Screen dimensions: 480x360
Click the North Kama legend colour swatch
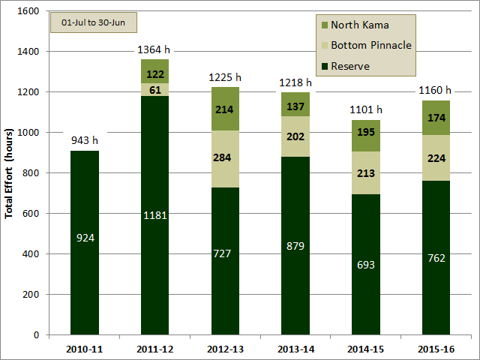click(x=325, y=25)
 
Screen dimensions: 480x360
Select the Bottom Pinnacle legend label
click(x=371, y=45)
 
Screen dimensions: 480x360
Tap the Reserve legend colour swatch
click(x=325, y=66)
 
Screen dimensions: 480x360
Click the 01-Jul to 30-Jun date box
click(x=93, y=22)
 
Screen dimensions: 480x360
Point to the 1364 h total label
click(x=154, y=49)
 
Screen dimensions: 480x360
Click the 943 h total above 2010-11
click(x=85, y=140)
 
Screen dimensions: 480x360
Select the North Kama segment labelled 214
click(x=225, y=109)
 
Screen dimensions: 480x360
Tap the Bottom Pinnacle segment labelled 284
click(x=225, y=159)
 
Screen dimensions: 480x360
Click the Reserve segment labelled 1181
click(x=155, y=215)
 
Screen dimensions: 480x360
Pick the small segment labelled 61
click(x=155, y=90)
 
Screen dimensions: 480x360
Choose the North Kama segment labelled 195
click(x=366, y=136)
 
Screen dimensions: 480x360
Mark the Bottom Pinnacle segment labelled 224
click(x=436, y=158)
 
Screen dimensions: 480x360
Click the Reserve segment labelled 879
click(x=295, y=246)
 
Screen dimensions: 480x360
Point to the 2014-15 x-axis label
click(x=366, y=349)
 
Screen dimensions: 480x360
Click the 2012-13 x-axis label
click(x=225, y=349)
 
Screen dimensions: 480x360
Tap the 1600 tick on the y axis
click(x=28, y=11)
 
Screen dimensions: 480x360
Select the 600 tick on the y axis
click(x=31, y=213)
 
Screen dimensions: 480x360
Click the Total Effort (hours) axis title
click(x=9, y=173)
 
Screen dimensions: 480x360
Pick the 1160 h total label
click(x=435, y=90)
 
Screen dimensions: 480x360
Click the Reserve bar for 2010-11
click(x=85, y=243)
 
